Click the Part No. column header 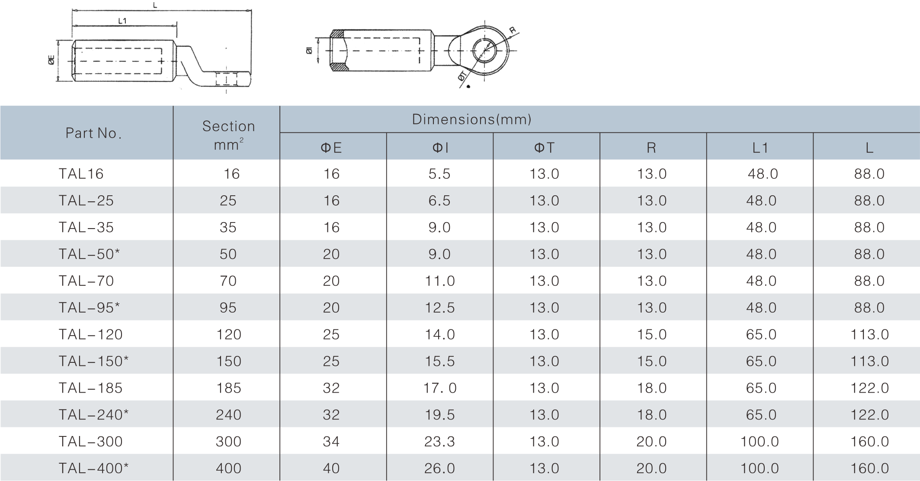tap(93, 133)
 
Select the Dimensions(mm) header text tap(471, 119)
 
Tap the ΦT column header tap(544, 148)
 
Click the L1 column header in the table tap(760, 148)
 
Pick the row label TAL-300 tap(90, 442)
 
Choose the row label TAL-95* tap(89, 308)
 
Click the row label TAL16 tap(81, 174)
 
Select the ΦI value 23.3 tap(439, 442)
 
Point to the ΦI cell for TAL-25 tap(439, 201)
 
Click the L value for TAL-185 tap(869, 388)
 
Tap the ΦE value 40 tap(331, 468)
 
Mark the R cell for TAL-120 tap(651, 335)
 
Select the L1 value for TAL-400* tap(760, 468)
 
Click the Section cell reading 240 tap(228, 415)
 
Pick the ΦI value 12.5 tap(439, 308)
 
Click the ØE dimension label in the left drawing tap(51, 61)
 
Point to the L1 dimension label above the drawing tap(122, 21)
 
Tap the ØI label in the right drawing tap(309, 51)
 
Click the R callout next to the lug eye tap(513, 31)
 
